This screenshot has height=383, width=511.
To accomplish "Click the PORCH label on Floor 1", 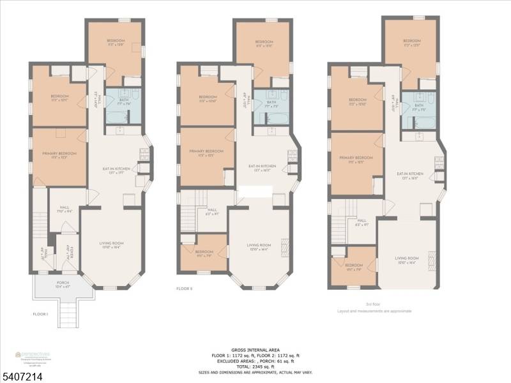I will coord(63,284).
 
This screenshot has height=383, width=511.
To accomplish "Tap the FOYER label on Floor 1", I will coord(71,252).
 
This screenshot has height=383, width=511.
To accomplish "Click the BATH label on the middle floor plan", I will coord(271,103).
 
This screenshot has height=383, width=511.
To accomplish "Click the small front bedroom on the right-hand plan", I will coord(354,266).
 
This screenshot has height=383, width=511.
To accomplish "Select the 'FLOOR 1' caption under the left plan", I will coord(41,314).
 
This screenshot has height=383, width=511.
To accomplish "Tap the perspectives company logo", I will coord(32,355).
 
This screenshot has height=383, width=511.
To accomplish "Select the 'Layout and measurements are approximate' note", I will coord(375,311).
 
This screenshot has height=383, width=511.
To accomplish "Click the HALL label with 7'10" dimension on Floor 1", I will coord(64,209).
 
